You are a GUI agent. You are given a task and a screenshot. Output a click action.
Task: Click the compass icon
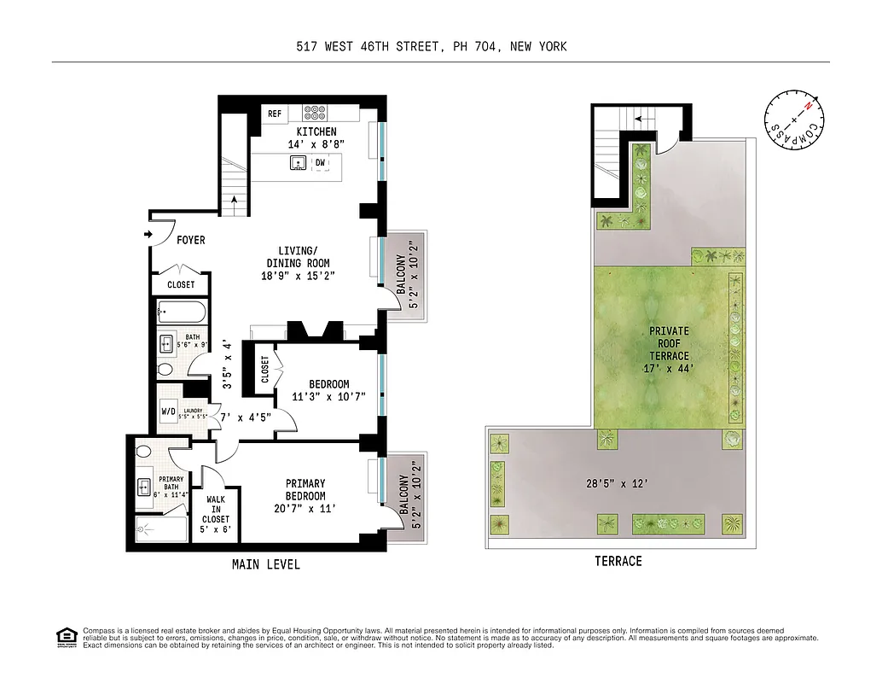click(x=795, y=116)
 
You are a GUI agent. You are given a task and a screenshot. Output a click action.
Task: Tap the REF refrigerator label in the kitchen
click(x=275, y=114)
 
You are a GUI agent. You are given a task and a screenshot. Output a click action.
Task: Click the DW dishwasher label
click(x=321, y=162)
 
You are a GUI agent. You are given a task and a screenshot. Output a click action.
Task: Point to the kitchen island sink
click(x=299, y=163)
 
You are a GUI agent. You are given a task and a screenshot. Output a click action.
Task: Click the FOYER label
click(x=190, y=241)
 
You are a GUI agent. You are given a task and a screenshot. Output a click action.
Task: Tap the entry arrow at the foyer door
click(x=148, y=233)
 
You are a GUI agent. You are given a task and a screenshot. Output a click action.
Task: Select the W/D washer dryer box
click(x=169, y=411)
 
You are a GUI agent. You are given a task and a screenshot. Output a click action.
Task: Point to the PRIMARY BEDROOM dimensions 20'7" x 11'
click(x=305, y=509)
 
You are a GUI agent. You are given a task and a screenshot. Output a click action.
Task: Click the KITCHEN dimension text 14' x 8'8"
click(x=316, y=146)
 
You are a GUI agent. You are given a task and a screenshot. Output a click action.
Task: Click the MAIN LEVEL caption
click(x=266, y=564)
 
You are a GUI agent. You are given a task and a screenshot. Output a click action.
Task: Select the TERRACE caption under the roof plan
click(x=618, y=561)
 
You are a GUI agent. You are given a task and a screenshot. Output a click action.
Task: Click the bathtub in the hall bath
click(x=180, y=312)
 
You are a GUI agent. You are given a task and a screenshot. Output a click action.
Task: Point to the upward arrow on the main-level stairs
click(x=235, y=202)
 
